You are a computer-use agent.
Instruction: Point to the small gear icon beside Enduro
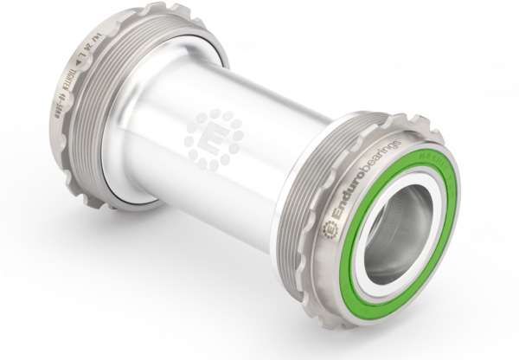point(329,229)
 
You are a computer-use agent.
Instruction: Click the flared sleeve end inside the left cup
point(130,173)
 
